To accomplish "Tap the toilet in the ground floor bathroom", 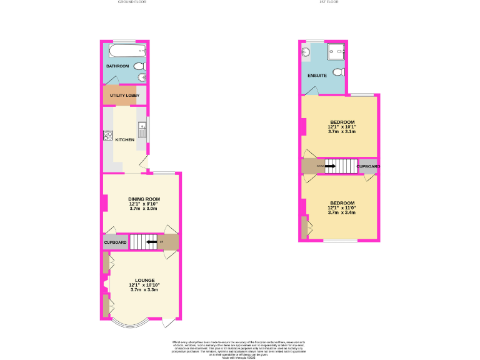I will [x=139, y=66].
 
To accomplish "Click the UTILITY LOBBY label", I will [x=124, y=95].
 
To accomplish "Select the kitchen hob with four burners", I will [x=107, y=134].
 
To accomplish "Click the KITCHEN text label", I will [x=124, y=139].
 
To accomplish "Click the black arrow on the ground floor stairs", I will [x=150, y=242].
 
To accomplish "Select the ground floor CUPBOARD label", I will [x=115, y=242].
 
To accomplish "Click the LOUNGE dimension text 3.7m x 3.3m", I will [x=144, y=290].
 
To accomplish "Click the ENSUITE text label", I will [x=317, y=76].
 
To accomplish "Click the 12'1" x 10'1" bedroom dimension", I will [x=342, y=127].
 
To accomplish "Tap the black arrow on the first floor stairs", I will [x=330, y=166].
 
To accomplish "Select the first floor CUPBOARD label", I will [x=368, y=167].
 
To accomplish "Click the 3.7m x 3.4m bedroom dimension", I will [x=342, y=212].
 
